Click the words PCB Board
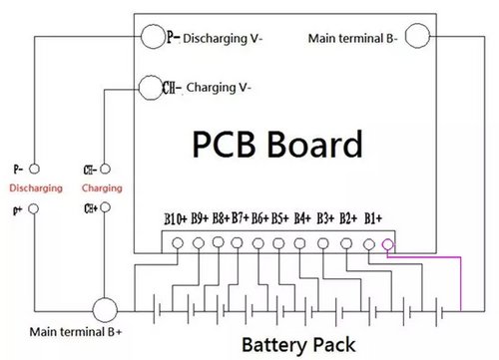pos(277,144)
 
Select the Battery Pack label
pos(298,345)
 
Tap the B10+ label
pos(176,219)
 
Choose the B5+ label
pos(279,218)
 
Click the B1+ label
pos(373,218)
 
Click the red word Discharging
pos(36,188)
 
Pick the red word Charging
pos(102,188)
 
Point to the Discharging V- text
pos(223,38)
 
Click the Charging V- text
pos(219,88)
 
